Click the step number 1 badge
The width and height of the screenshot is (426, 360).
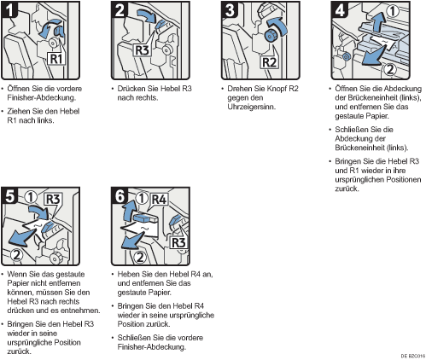click(9, 9)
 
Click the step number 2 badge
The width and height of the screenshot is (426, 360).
click(120, 9)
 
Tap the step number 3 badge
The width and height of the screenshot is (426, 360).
click(230, 9)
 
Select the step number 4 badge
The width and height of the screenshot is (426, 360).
click(340, 9)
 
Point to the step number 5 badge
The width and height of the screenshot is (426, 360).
click(9, 195)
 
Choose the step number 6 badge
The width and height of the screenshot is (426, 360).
click(120, 195)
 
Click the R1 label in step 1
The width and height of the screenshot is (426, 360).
click(56, 59)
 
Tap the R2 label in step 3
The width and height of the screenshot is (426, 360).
click(269, 62)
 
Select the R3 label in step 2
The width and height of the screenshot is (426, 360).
click(142, 50)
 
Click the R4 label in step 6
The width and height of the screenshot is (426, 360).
click(159, 200)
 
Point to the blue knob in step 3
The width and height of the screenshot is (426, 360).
click(271, 35)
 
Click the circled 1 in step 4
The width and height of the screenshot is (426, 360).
click(393, 11)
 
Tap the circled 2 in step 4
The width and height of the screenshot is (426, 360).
click(390, 69)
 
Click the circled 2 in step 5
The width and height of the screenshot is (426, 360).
click(17, 254)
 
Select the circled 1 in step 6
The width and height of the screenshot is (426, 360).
click(142, 198)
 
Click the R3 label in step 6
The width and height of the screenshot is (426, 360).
click(178, 243)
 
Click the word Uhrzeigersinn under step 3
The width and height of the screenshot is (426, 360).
click(251, 107)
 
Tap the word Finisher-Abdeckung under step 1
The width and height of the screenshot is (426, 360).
click(42, 98)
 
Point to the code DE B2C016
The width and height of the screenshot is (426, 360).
click(413, 356)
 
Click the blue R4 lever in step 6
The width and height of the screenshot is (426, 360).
click(145, 218)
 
